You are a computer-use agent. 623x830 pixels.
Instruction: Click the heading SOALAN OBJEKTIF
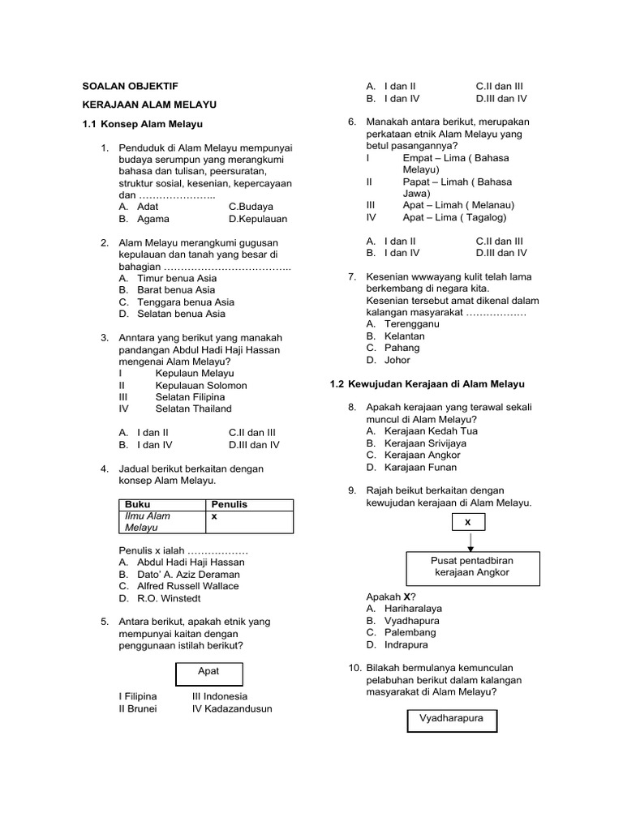[x=131, y=85]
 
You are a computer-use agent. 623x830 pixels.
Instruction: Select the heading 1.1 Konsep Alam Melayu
[x=142, y=124]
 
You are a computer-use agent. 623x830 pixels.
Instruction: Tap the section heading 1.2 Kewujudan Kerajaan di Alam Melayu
[x=428, y=383]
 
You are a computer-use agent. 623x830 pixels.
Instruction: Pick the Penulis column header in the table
[x=229, y=504]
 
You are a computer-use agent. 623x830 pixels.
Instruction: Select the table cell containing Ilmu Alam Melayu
[x=162, y=521]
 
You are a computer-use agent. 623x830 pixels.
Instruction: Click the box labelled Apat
[x=208, y=671]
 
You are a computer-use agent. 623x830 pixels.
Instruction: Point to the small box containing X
[x=468, y=523]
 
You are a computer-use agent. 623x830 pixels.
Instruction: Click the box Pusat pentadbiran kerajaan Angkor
[x=470, y=566]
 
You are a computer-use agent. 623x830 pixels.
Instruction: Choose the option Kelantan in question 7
[x=404, y=336]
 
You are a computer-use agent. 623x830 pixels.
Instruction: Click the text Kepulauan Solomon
[x=201, y=385]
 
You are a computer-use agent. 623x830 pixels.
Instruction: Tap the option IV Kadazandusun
[x=232, y=708]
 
